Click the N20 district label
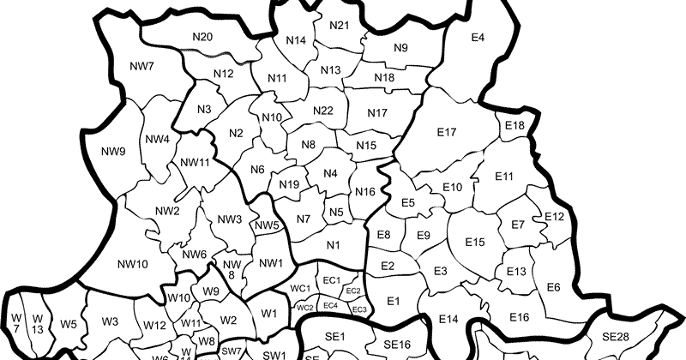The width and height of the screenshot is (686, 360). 202,36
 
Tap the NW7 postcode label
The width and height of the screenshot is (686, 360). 141,66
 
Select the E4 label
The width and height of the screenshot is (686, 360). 478,37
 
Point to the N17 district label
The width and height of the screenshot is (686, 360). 377,113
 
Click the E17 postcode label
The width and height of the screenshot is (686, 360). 446,132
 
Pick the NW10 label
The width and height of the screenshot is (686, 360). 131,263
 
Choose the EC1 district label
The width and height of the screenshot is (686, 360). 332,280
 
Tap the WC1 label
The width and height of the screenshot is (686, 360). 300,289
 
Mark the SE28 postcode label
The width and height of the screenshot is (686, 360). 616,335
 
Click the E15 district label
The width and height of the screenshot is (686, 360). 476,242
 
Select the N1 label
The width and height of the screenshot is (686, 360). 334,246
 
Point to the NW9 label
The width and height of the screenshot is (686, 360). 112,152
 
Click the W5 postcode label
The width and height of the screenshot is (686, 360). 69,324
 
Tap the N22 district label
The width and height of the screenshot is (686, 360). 322,111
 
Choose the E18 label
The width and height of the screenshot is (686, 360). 514,126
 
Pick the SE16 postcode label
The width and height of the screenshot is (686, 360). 398,344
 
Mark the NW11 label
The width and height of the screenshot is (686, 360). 196,163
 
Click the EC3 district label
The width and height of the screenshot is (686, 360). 360,309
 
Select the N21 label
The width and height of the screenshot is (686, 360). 339,26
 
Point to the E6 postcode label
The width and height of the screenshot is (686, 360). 553,286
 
